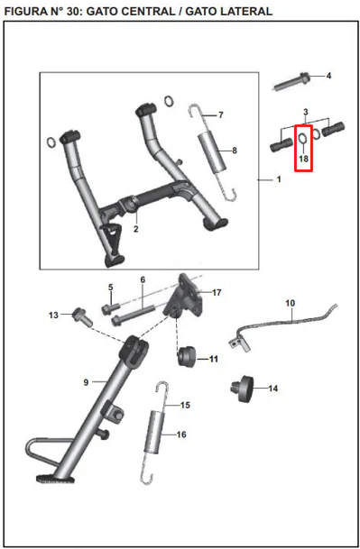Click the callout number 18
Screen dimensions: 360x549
point(303,159)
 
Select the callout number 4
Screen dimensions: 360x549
point(328,76)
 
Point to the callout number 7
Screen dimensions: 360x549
point(220,114)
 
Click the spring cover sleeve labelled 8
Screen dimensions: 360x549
point(212,152)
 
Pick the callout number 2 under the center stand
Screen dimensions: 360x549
point(135,229)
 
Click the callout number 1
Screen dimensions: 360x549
point(279,179)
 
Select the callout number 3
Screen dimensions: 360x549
point(306,112)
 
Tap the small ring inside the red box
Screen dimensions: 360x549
point(303,138)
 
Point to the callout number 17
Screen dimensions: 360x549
point(217,292)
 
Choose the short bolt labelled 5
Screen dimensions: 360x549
point(110,308)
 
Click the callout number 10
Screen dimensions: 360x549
point(291,303)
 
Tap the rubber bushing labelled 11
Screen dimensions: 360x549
point(187,356)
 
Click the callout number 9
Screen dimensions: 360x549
point(87,382)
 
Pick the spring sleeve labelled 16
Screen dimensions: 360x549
point(154,433)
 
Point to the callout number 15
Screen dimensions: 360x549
point(185,405)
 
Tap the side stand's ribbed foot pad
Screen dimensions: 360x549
point(55,479)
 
